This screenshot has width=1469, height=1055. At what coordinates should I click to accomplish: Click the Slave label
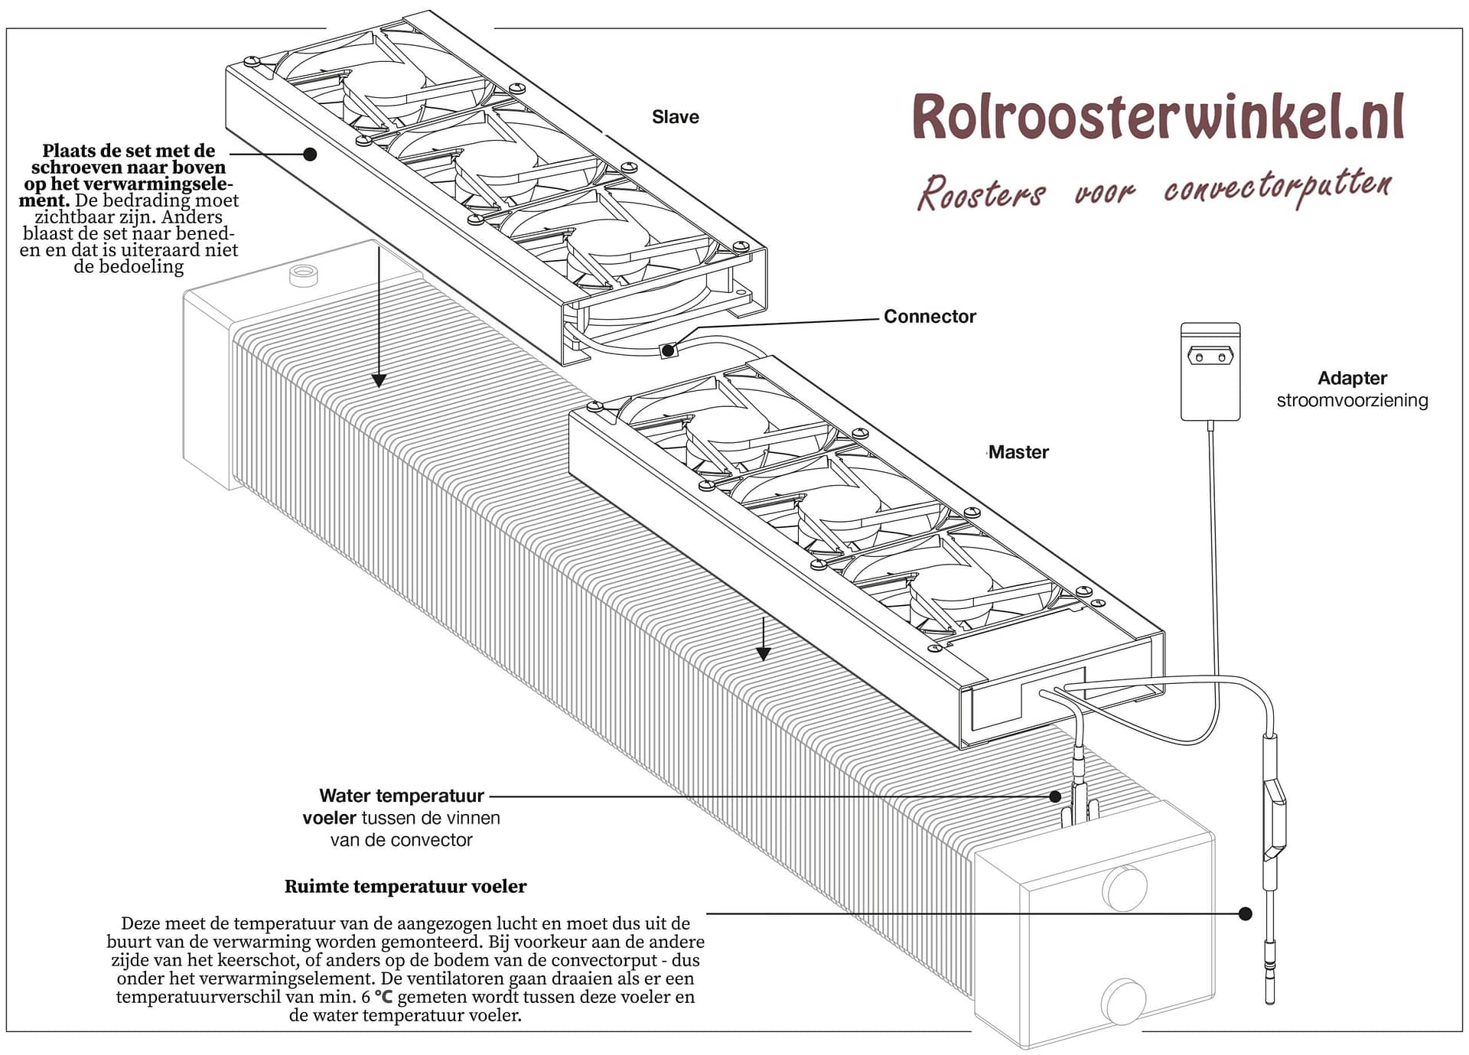[675, 117]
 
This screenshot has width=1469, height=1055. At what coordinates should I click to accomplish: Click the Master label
[1018, 452]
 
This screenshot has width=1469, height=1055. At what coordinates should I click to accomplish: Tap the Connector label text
[929, 317]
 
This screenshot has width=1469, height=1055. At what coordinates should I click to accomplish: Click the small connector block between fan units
[668, 350]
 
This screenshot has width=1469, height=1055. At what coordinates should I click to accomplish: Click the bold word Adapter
[1352, 378]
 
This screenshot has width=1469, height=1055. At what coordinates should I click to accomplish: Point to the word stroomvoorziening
[1352, 400]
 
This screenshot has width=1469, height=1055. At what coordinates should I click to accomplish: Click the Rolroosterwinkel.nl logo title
[1158, 117]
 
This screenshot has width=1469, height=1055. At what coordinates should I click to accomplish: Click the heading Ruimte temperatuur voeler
[406, 887]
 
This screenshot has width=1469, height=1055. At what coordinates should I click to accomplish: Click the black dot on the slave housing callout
[310, 154]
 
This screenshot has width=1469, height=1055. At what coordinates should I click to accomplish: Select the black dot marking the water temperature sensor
[1055, 796]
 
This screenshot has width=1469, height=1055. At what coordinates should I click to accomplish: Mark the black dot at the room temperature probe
[1245, 913]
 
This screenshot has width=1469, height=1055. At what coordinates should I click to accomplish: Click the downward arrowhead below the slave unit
[379, 380]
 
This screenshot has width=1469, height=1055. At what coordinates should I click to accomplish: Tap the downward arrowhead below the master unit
[763, 653]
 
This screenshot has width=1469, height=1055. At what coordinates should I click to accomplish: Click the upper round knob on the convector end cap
[1124, 888]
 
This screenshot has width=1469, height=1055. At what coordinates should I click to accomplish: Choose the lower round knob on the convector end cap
[1123, 1001]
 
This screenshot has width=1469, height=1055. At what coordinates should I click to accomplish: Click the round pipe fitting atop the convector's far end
[303, 275]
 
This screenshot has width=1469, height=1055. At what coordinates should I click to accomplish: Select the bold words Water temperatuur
[402, 796]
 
